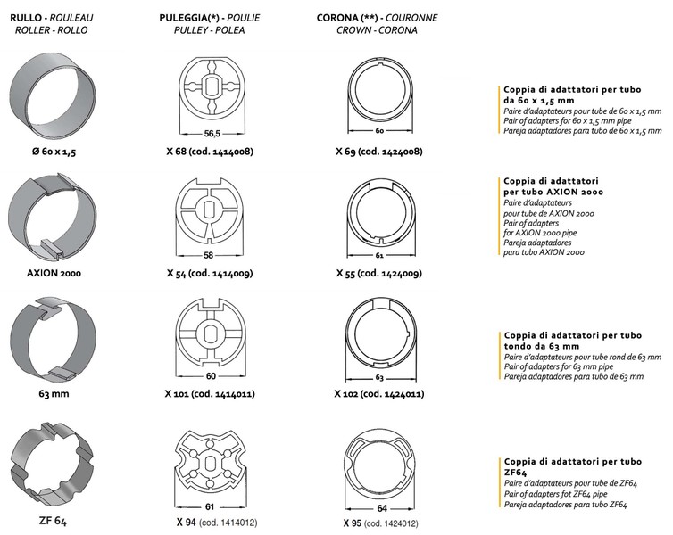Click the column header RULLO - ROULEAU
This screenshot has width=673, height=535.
52,18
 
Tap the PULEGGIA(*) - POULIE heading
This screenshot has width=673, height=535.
210,18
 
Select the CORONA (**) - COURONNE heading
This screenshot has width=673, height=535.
378,18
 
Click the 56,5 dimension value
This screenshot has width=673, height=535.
212,134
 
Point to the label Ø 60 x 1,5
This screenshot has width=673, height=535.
54,152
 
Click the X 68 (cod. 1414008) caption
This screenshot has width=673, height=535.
210,152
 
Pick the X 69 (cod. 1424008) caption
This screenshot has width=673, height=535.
379,152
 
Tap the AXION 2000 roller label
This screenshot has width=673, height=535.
54,273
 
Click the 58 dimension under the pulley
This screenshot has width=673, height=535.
208,256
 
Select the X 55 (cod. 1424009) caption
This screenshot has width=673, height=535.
379,273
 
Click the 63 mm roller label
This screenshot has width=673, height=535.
54,393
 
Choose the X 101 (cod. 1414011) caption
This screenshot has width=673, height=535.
210,393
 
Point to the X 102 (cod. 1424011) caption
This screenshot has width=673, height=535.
379,393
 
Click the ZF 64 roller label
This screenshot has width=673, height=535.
53,521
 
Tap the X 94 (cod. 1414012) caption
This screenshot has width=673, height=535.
217,523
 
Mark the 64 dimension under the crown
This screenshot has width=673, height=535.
382,508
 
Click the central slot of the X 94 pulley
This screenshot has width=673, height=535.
211,464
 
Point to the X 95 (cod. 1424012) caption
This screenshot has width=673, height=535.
381,523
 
